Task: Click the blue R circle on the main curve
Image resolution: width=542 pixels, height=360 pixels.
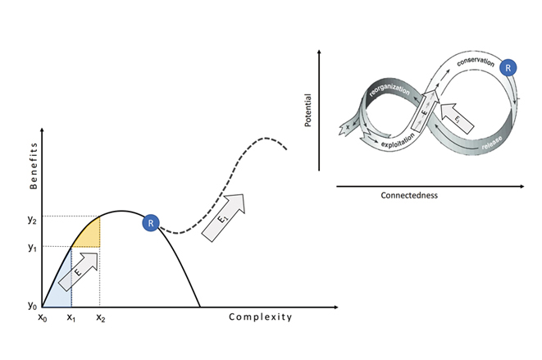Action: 150,222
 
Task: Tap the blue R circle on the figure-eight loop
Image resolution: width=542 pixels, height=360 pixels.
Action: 508,68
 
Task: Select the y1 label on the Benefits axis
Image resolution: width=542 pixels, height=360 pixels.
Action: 34,247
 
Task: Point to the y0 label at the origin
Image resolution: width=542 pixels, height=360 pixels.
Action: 34,305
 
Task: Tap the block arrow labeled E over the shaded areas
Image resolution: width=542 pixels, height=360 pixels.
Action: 80,271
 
